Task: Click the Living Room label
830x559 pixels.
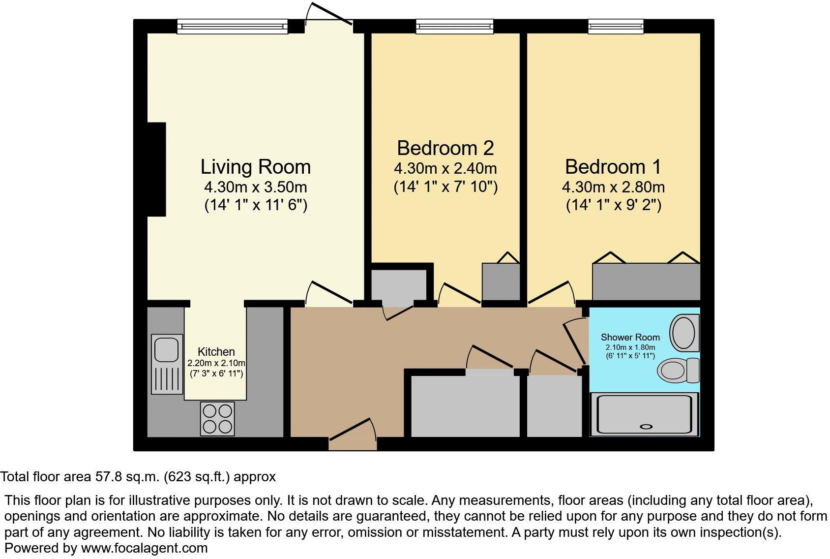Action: tap(255, 167)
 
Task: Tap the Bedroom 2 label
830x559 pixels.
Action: tap(445, 148)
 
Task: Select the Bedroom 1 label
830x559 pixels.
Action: tap(613, 167)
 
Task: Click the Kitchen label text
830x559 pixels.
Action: tap(216, 352)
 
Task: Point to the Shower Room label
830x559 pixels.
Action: tap(630, 337)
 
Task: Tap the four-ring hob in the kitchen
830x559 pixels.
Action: tap(217, 418)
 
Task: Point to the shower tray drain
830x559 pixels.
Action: tap(647, 427)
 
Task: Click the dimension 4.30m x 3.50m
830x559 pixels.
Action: tap(255, 187)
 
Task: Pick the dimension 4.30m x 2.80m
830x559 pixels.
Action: tap(613, 187)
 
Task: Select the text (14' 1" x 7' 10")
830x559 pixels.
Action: tap(445, 187)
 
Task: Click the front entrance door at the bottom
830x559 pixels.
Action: tap(352, 438)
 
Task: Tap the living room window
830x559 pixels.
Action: tap(232, 27)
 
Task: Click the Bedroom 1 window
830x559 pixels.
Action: tap(616, 27)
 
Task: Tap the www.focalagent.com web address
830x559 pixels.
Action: tap(144, 548)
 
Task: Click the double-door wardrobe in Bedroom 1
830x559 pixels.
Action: tap(646, 281)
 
